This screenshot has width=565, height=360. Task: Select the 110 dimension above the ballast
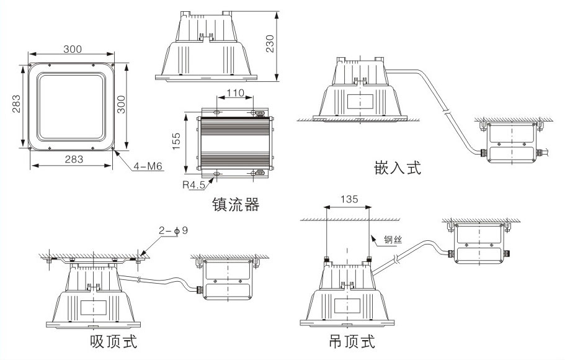click(235, 93)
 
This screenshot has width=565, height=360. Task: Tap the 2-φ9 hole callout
click(174, 231)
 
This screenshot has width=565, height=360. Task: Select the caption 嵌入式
click(398, 168)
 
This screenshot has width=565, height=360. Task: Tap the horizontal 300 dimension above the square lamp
click(74, 49)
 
